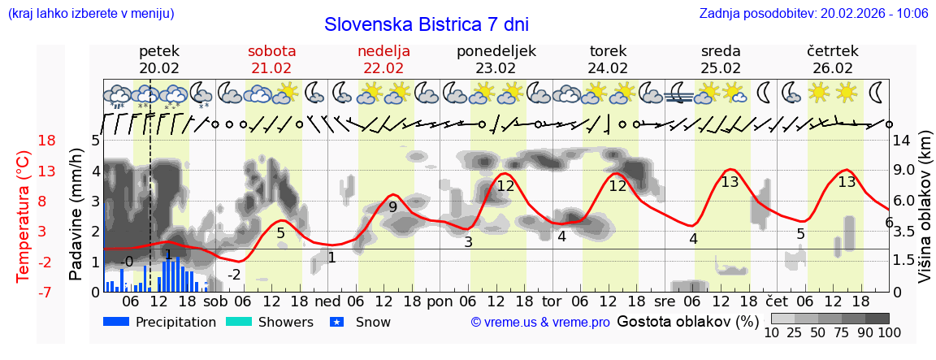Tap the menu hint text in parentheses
pos(90,13)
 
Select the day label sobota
pos(271,51)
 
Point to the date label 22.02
pos(383,68)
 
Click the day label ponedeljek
pos(496,51)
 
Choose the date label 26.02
pos(833,68)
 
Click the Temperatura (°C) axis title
pos(24,216)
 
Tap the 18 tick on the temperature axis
pos(24,141)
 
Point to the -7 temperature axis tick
pos(24,292)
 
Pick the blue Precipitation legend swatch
pos(117,322)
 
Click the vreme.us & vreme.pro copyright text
pos(540,323)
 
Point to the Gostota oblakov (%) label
pos(687,321)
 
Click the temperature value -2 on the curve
pos(234,275)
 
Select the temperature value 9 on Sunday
pos(392,206)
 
